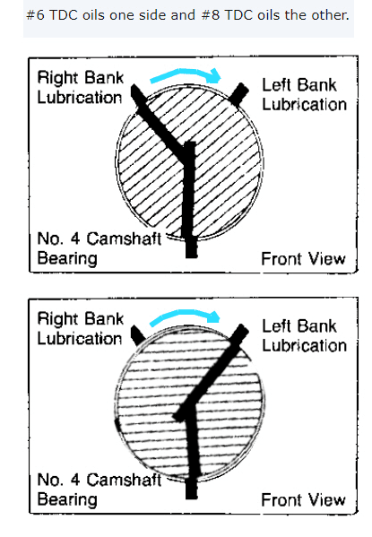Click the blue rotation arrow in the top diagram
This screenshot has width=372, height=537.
[x=185, y=73]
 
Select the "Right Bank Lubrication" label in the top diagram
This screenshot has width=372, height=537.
[x=80, y=87]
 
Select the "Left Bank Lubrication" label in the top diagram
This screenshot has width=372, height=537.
[x=304, y=94]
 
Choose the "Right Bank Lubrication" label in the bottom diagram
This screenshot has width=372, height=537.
[x=80, y=328]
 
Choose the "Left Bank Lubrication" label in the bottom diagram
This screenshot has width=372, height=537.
[x=304, y=335]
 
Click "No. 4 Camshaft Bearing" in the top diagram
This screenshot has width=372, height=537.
[x=99, y=248]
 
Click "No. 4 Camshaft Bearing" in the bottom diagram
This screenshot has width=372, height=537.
[x=99, y=489]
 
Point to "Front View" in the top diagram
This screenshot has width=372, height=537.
[x=303, y=258]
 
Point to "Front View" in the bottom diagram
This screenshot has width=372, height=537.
[x=303, y=499]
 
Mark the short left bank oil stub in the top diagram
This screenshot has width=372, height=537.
[x=238, y=94]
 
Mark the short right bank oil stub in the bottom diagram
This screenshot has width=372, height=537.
[x=138, y=335]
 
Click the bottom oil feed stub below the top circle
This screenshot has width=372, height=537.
[x=192, y=247]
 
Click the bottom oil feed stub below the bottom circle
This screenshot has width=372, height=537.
[x=192, y=488]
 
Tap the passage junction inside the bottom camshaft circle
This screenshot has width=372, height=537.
[x=187, y=410]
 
